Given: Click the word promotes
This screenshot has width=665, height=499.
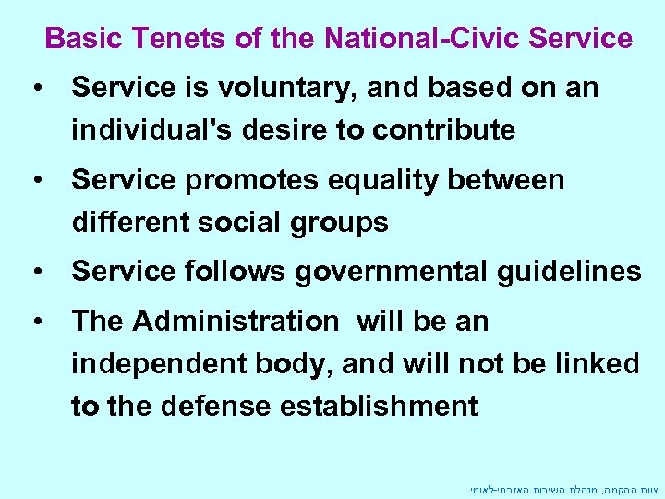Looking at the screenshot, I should click(x=246, y=180).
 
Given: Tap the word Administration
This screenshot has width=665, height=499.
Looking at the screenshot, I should click(x=236, y=322).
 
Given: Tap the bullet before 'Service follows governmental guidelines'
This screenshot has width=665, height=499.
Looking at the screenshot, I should click(x=38, y=272).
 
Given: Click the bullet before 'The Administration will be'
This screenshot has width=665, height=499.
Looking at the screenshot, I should click(x=38, y=322).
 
